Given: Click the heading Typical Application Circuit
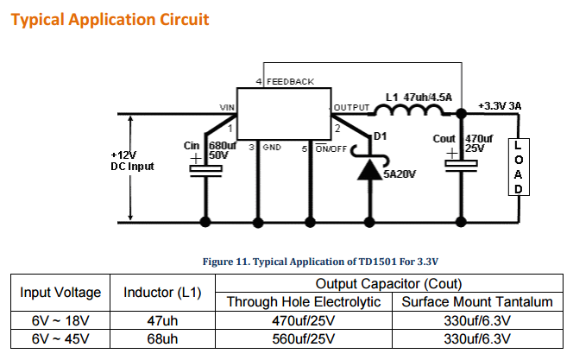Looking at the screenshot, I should coord(109,17).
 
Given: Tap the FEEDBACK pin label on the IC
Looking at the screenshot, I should coord(290,81).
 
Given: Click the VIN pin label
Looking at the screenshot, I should coord(228,108).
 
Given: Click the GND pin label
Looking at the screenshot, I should coord(272,148).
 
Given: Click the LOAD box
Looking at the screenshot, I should coord(517,167).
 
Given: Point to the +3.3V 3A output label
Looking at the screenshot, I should coord(499,106).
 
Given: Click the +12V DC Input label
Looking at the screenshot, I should coord(131,161).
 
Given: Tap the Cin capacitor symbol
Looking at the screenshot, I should coord(205,170).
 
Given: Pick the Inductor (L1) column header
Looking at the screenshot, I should coord(162,293).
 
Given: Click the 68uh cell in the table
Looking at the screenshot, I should coord(162,338).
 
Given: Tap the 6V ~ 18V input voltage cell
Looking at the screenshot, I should coord(60,320).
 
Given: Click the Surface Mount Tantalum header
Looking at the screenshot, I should coord(477,302).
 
